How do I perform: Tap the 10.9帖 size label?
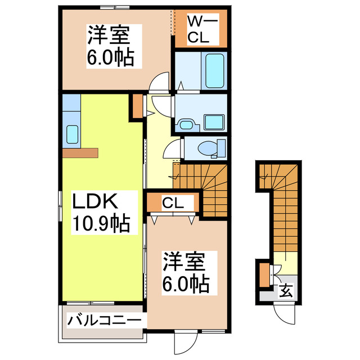(100, 224)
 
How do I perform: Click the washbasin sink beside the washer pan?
(185, 123)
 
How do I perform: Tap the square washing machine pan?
(213, 120)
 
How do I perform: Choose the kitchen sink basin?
(72, 134)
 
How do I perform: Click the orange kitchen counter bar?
(80, 152)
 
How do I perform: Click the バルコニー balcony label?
(104, 321)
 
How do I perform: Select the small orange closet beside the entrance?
(264, 276)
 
